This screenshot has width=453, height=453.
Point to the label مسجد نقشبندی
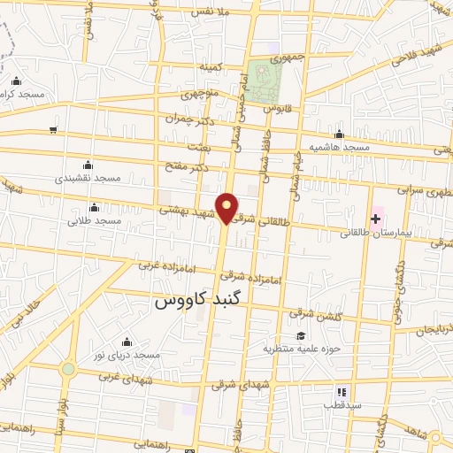[x=88, y=178]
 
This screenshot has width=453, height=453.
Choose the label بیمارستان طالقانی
[x=374, y=234]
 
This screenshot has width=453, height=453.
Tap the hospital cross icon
[x=376, y=218]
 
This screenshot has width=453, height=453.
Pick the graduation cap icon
[x=301, y=336]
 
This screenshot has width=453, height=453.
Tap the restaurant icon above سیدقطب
[x=341, y=392]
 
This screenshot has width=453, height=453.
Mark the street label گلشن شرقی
[x=311, y=313]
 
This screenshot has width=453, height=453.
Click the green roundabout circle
[x=68, y=369]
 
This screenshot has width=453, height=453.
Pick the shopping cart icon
[x=53, y=130]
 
